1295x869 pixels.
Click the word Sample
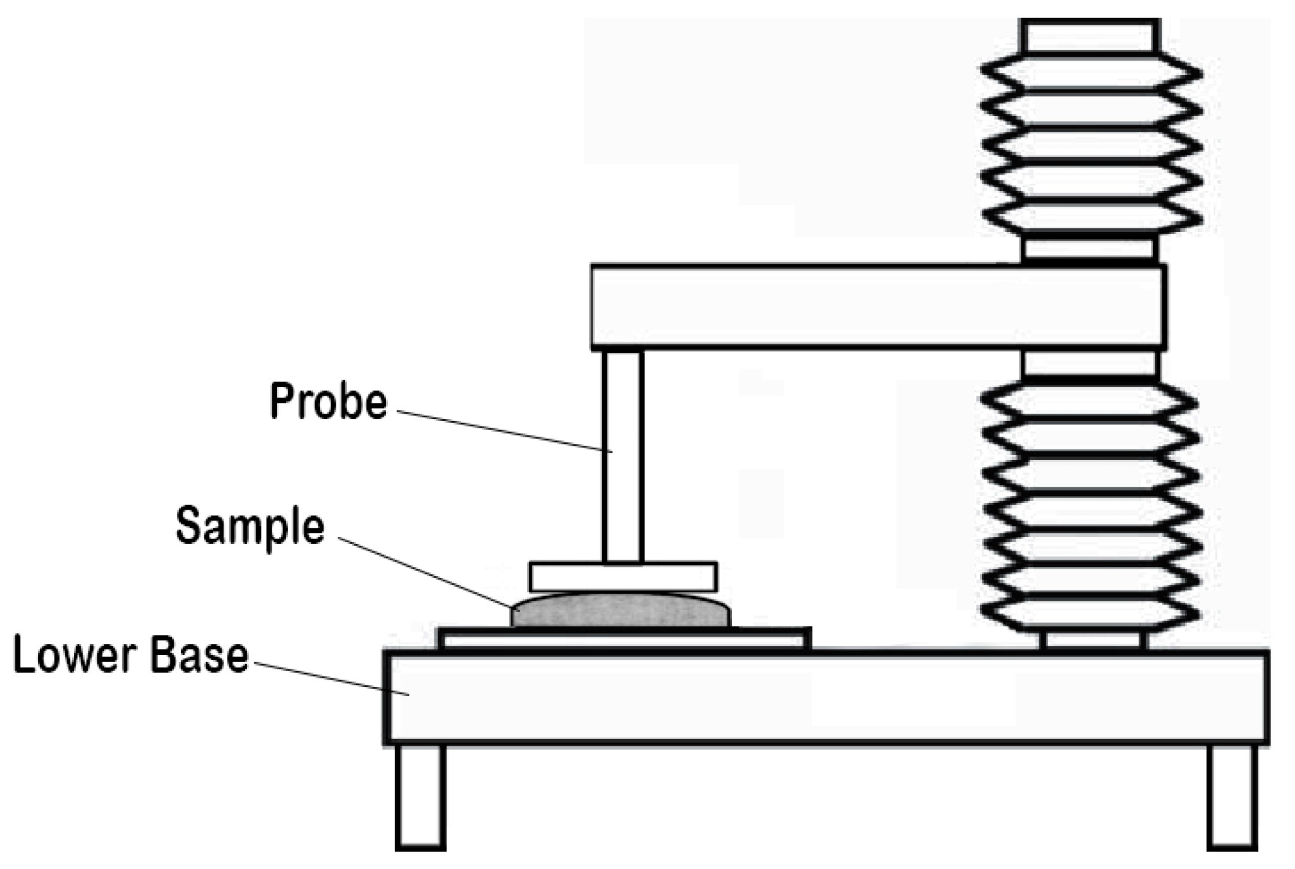249,526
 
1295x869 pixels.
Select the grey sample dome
620,611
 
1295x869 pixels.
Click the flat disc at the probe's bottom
623,577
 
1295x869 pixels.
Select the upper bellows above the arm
1090,144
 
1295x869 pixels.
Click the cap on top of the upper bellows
1090,36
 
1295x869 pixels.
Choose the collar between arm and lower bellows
1090,364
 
